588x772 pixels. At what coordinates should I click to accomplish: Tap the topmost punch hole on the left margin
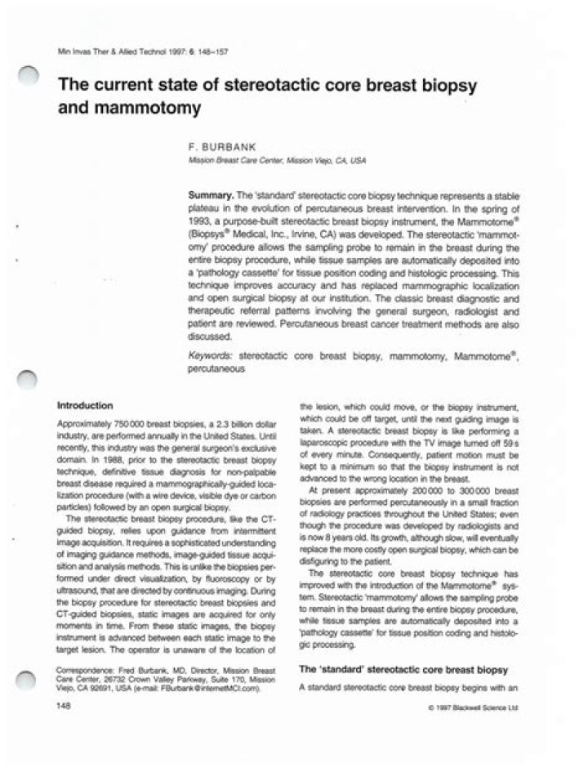(30, 76)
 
